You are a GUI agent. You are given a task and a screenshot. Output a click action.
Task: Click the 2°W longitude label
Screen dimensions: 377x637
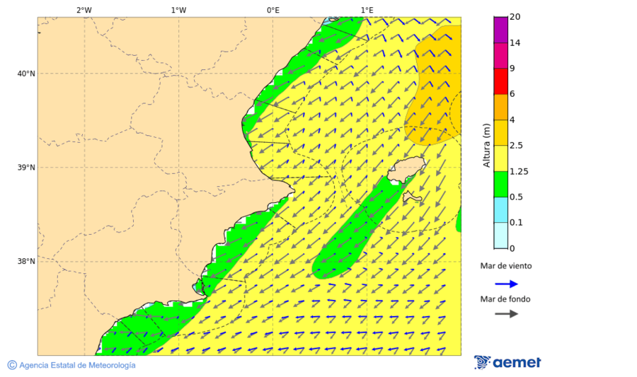pos(84,10)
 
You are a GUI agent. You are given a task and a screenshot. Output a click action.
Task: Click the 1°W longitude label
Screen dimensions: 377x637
pos(178,10)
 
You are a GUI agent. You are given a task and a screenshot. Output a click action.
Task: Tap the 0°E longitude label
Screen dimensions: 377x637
pos(272,10)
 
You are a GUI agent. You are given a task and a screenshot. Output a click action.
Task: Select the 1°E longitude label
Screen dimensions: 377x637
pos(367,10)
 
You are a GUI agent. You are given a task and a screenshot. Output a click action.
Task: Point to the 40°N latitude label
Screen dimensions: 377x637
pos(26,74)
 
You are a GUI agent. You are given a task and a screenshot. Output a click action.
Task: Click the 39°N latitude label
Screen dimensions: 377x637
pos(26,168)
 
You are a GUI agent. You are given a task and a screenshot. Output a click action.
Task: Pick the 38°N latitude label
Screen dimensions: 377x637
pos(26,262)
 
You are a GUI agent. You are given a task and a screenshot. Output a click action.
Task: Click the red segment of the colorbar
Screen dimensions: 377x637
pos(500,81)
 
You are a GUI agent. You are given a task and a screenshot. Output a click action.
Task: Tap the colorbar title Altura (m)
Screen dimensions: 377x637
pos(486,146)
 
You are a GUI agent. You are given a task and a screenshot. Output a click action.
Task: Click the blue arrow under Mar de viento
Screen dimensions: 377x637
pos(506,284)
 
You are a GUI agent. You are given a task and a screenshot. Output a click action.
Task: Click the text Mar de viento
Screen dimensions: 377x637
pos(505,267)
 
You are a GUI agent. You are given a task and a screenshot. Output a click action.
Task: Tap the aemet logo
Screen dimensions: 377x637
pos(507,362)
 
